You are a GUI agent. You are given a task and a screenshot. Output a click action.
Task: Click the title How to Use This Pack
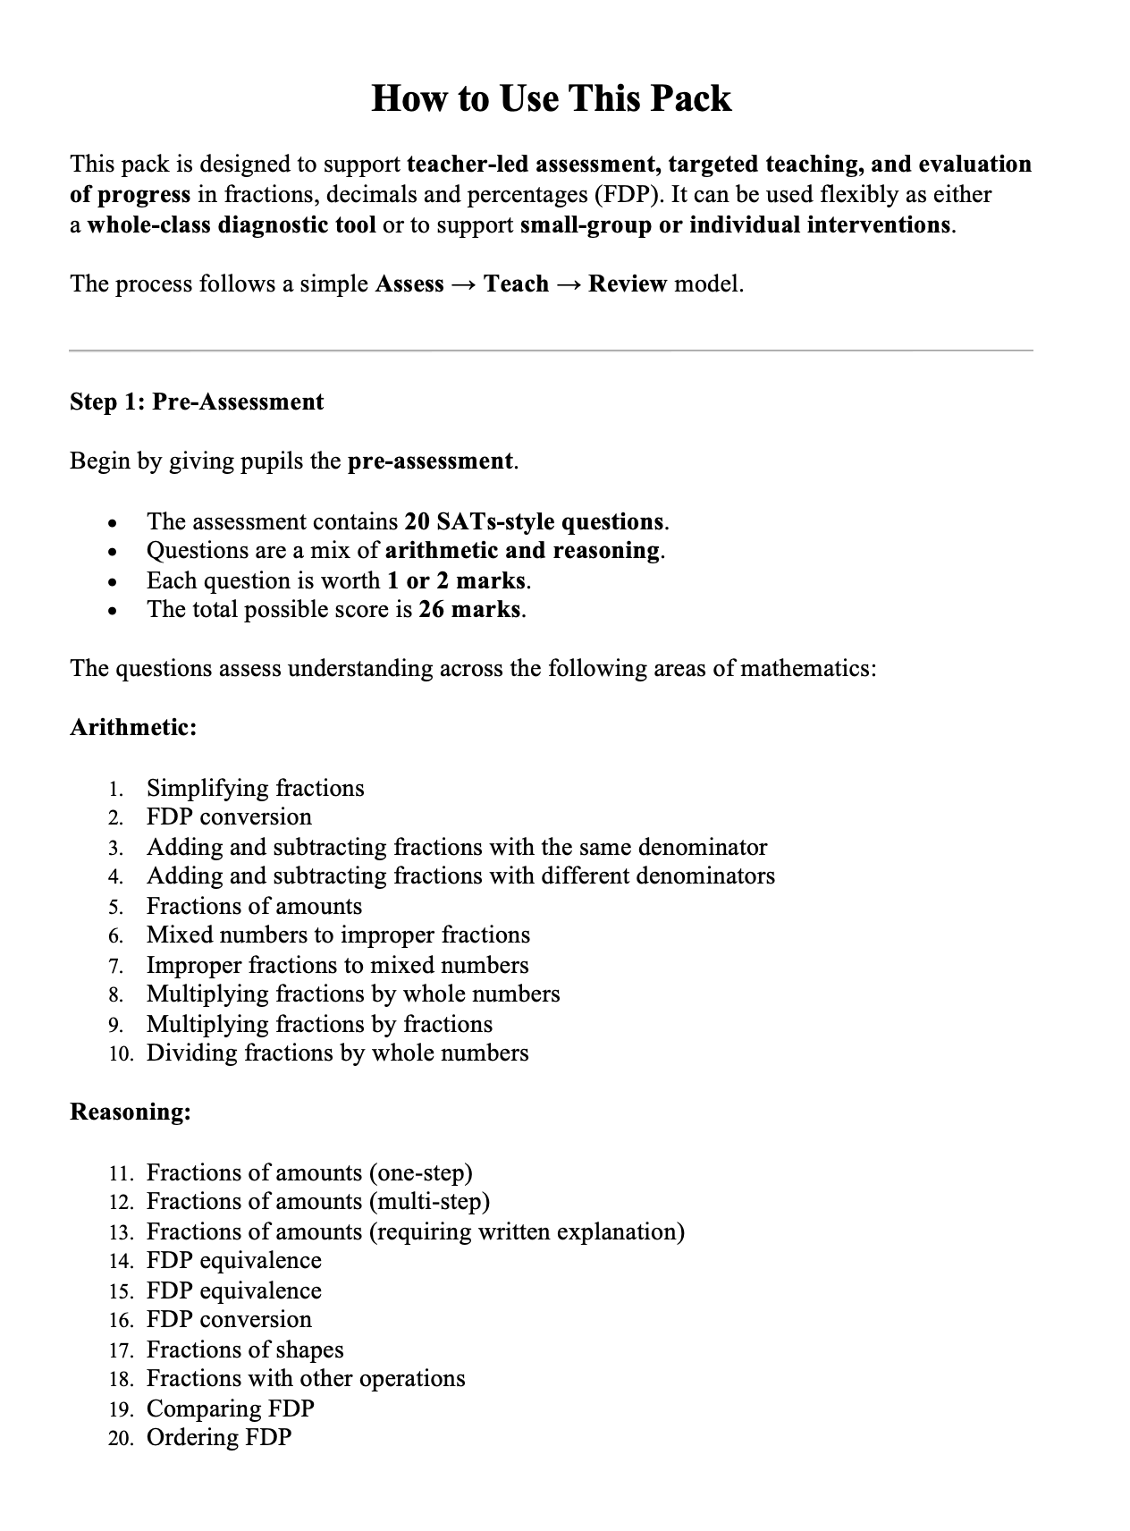click(x=551, y=98)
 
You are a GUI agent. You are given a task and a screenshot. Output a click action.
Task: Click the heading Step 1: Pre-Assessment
click(x=197, y=402)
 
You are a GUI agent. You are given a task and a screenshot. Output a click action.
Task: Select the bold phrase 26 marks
click(x=470, y=610)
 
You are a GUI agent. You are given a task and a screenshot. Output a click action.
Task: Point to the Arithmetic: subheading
click(x=133, y=727)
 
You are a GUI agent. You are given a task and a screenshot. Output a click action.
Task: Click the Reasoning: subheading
click(x=131, y=1112)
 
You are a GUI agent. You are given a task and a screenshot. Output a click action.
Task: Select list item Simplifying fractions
click(x=255, y=788)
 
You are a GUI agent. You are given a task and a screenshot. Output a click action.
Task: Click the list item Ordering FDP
click(x=219, y=1438)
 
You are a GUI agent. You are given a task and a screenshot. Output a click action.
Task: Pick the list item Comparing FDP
click(x=230, y=1408)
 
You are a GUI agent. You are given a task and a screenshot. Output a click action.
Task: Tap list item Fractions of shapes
click(x=245, y=1349)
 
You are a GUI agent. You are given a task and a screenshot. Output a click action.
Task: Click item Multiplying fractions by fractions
click(x=319, y=1024)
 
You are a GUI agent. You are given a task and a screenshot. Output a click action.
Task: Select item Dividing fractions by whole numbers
click(x=337, y=1053)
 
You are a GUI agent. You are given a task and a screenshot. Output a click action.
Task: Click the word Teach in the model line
click(x=516, y=284)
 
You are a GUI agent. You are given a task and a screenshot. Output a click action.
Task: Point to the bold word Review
click(x=628, y=284)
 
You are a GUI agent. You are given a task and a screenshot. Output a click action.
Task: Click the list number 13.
click(x=121, y=1232)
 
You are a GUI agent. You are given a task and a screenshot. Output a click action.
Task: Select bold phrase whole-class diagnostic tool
click(x=232, y=224)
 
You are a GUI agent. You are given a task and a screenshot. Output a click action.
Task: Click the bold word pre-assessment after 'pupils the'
click(x=430, y=461)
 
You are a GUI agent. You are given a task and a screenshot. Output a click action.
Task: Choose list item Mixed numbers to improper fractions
click(x=338, y=935)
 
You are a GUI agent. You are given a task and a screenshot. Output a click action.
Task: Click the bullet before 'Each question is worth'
click(x=112, y=582)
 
